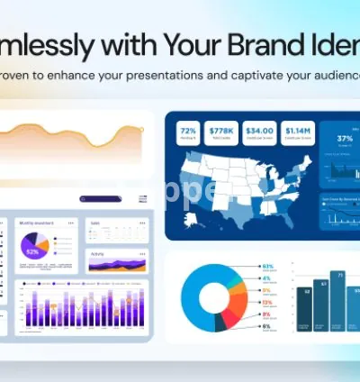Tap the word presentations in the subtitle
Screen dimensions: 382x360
tap(183, 76)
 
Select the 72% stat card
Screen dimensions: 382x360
tap(187, 132)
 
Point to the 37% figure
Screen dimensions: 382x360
tap(345, 138)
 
